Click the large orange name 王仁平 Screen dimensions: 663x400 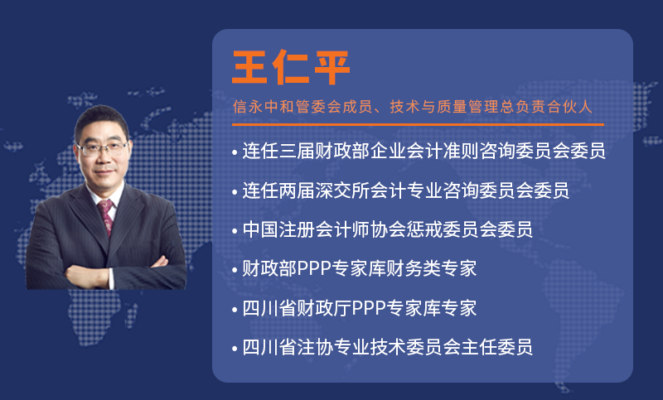tap(291, 67)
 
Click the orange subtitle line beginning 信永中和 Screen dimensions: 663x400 tap(412, 107)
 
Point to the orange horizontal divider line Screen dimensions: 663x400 tap(418, 124)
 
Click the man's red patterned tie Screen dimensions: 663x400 tap(106, 217)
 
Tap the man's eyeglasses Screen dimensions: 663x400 tap(102, 149)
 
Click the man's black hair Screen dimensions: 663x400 tap(100, 120)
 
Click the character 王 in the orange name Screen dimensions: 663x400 tap(249, 67)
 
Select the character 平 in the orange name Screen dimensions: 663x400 tap(332, 67)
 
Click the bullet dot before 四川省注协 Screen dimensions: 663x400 tap(235, 349)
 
